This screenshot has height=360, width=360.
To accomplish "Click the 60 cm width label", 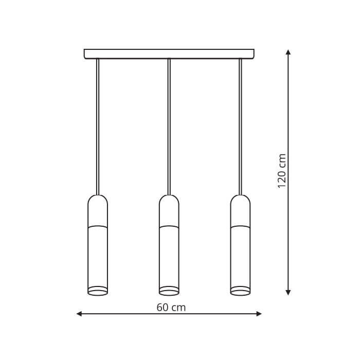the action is [171, 308].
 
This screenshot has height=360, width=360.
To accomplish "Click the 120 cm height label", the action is [282, 171].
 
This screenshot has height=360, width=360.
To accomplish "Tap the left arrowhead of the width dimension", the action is [79, 314].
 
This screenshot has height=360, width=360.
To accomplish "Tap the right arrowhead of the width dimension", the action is [259, 314].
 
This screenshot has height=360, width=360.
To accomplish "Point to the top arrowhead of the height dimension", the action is [288, 52].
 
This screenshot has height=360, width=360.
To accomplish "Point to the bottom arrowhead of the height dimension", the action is [288, 292].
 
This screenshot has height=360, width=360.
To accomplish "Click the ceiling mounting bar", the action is [169, 54].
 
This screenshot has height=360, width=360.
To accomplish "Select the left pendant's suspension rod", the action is [98, 127].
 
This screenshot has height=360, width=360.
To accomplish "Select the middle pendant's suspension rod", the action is [169, 127].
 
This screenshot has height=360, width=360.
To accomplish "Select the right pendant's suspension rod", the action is [240, 127].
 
